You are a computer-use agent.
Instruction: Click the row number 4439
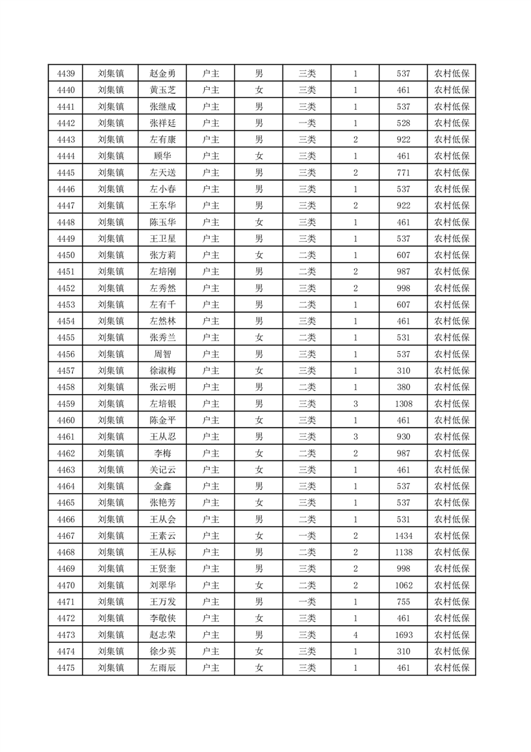point(66,74)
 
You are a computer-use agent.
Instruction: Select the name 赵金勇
point(163,74)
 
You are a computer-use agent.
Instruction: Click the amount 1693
point(403,635)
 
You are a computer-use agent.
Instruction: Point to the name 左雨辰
point(163,668)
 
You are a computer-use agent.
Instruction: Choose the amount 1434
point(403,536)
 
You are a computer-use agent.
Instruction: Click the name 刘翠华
point(163,585)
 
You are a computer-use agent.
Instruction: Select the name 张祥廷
point(163,123)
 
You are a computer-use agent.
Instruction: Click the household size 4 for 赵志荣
point(355,635)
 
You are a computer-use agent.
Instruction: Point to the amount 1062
point(403,585)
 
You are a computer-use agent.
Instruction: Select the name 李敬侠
point(163,618)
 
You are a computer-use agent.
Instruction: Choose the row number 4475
point(66,668)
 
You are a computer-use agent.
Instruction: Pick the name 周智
point(163,354)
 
